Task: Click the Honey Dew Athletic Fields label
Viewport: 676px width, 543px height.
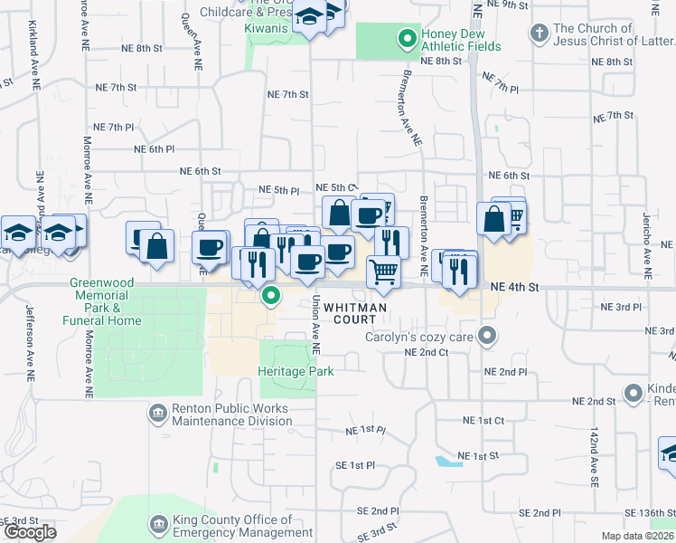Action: [461, 40]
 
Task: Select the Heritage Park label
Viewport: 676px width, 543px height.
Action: [296, 371]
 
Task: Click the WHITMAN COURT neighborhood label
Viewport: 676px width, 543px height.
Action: [356, 313]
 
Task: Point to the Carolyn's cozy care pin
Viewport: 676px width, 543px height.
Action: [488, 338]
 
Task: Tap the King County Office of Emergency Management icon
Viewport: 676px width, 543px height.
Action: [158, 525]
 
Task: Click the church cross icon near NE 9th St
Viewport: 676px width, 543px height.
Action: [539, 34]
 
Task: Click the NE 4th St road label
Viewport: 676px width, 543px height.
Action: [514, 287]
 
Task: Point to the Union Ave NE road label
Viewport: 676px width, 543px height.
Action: [315, 324]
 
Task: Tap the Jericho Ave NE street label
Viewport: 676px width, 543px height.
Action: [647, 244]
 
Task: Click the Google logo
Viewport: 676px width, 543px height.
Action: [29, 532]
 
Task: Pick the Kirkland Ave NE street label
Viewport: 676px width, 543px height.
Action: [35, 54]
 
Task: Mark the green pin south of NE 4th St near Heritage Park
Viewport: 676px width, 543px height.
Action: [270, 296]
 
